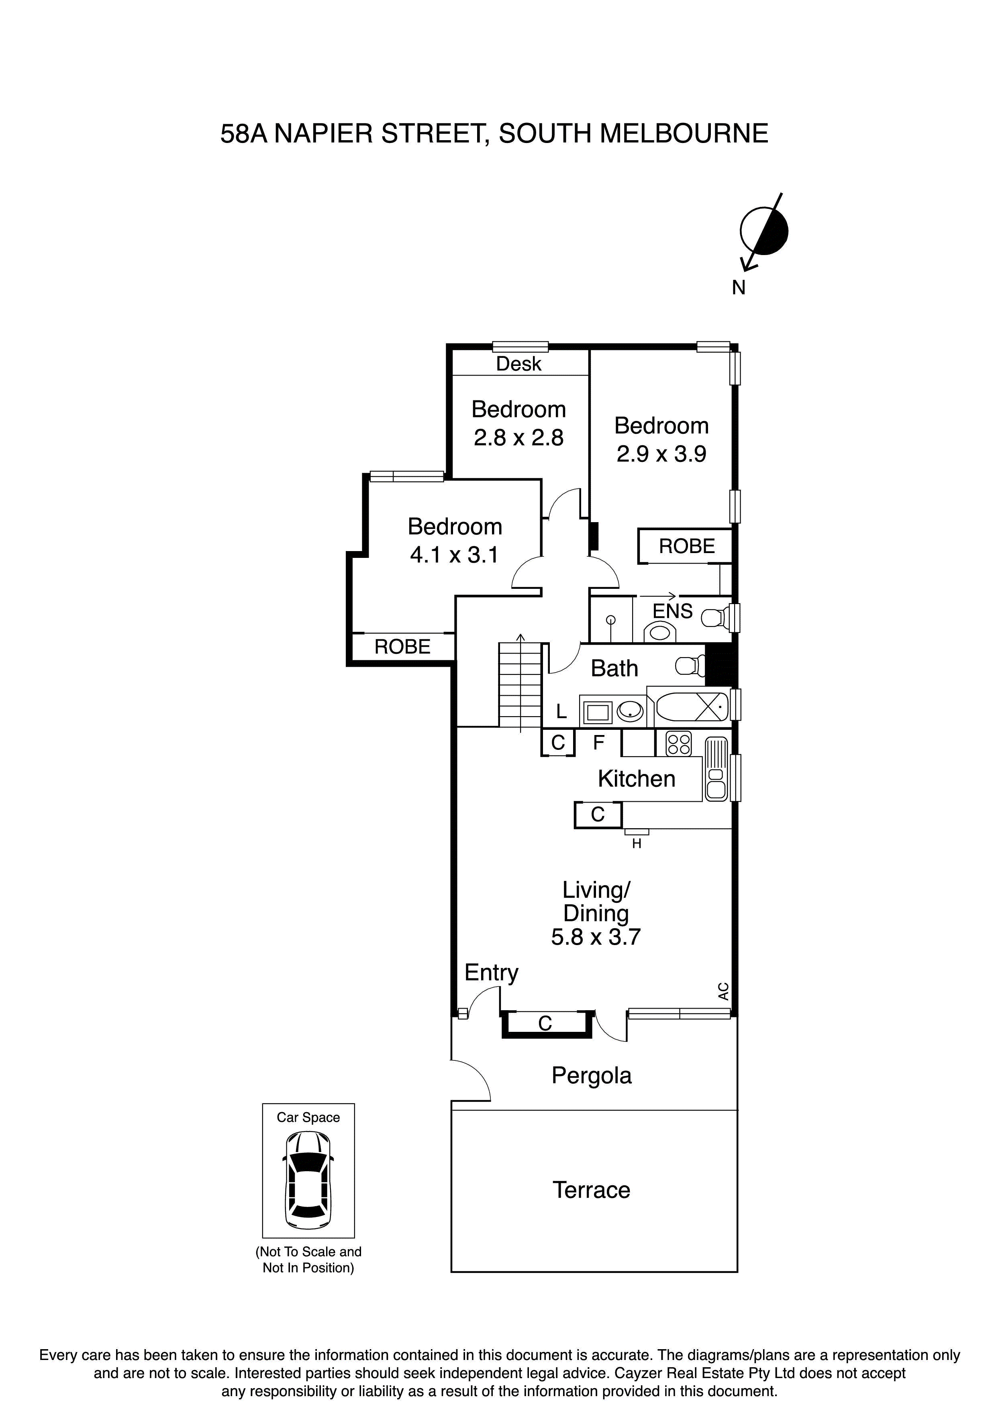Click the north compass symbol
[763, 232]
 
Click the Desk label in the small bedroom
[518, 364]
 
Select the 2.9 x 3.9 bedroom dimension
[661, 454]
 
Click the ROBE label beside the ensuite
[687, 546]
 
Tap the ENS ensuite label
[673, 611]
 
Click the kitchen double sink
[716, 770]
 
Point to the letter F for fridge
[599, 743]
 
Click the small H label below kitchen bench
[637, 844]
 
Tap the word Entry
[491, 973]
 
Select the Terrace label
[591, 1191]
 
